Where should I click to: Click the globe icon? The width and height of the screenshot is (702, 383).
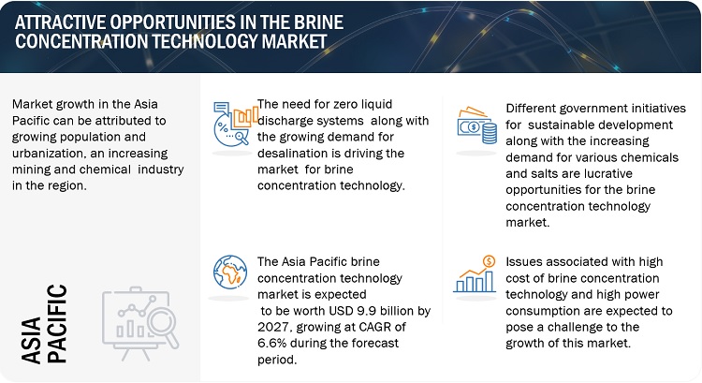pyautogui.click(x=230, y=273)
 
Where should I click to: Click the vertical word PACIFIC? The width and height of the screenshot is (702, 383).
pyautogui.click(x=57, y=323)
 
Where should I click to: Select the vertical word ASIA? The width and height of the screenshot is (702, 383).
pyautogui.click(x=31, y=341)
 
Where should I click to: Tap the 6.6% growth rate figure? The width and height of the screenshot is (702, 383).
pyautogui.click(x=271, y=343)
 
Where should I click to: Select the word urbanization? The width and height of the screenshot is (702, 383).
pyautogui.click(x=50, y=154)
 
